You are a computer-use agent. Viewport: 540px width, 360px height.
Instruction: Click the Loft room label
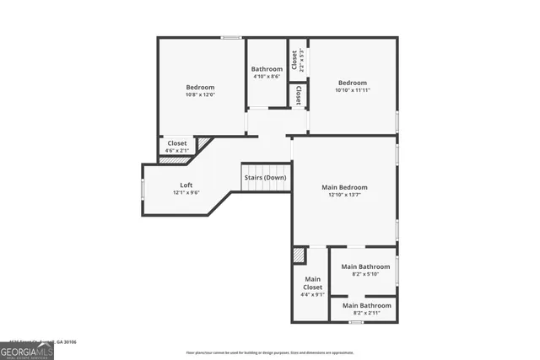[x=186, y=185]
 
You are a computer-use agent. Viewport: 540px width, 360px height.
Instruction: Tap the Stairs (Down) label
[x=265, y=178]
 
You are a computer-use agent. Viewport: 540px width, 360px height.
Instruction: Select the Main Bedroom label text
[x=344, y=187]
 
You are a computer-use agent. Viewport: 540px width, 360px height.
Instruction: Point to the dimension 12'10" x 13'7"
[x=344, y=196]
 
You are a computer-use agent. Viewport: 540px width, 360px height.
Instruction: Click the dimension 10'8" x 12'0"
[x=200, y=94]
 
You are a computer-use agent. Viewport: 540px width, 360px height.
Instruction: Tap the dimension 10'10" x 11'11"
[x=353, y=90]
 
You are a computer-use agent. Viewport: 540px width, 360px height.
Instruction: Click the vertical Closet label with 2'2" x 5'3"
[x=295, y=60]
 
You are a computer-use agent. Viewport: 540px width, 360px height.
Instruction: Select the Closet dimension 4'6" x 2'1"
[x=177, y=151]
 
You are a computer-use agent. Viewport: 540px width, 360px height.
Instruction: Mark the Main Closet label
[x=313, y=283]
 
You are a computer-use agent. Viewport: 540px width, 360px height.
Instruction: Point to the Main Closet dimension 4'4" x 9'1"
[x=313, y=294]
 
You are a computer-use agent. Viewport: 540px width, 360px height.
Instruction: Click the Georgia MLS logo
[x=26, y=349]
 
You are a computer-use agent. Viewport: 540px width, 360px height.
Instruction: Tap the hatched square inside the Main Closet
[x=299, y=255]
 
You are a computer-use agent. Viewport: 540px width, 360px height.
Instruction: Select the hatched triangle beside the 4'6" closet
[x=203, y=144]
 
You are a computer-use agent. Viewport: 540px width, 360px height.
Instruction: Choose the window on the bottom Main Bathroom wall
[x=356, y=321]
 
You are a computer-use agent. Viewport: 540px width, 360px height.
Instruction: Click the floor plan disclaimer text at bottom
[x=270, y=351]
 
